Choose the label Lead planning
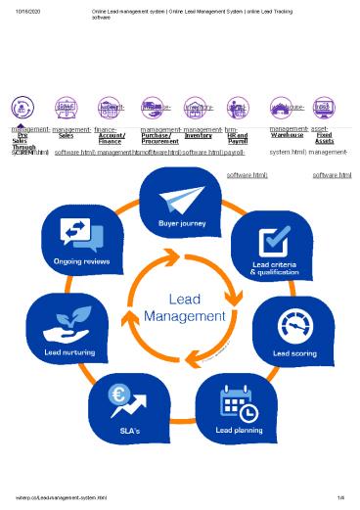235,430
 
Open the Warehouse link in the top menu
287,134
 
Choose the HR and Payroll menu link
237,138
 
